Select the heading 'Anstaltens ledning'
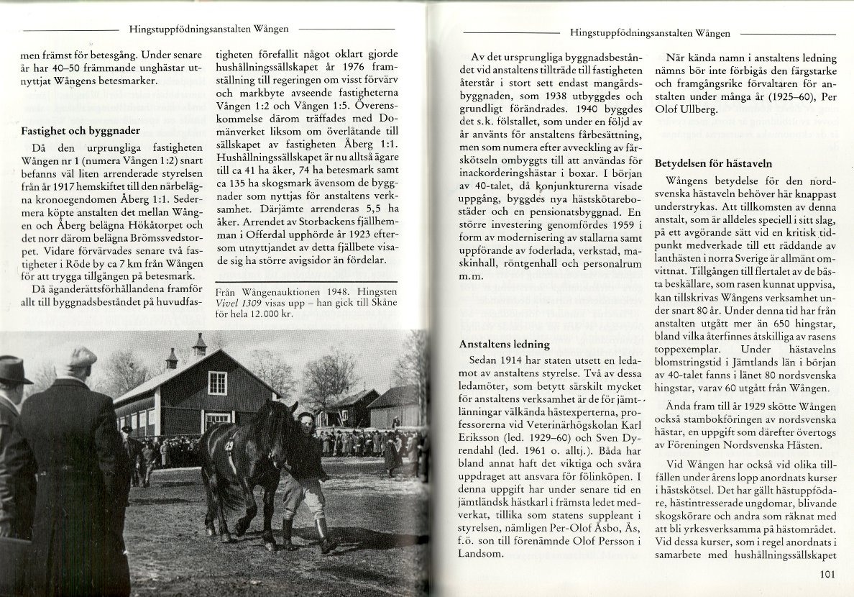(504, 345)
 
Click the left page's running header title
(209, 29)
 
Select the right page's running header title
(649, 33)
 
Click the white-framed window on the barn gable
(217, 382)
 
